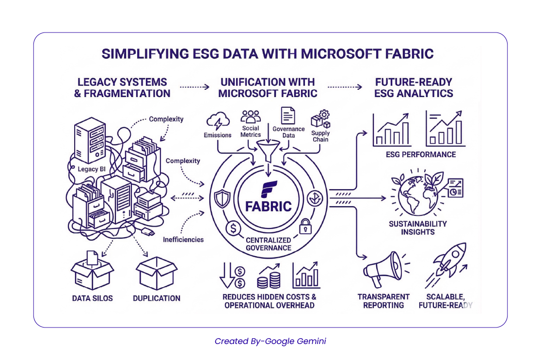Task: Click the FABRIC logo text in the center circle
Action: [x=268, y=206]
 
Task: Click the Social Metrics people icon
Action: [x=251, y=117]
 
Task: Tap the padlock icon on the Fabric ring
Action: [x=305, y=226]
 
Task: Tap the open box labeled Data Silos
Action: [x=92, y=272]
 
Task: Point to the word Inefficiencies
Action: [x=183, y=240]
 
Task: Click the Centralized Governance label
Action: [x=268, y=244]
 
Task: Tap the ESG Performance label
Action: [x=420, y=154]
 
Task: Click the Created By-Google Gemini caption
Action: [x=270, y=341]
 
